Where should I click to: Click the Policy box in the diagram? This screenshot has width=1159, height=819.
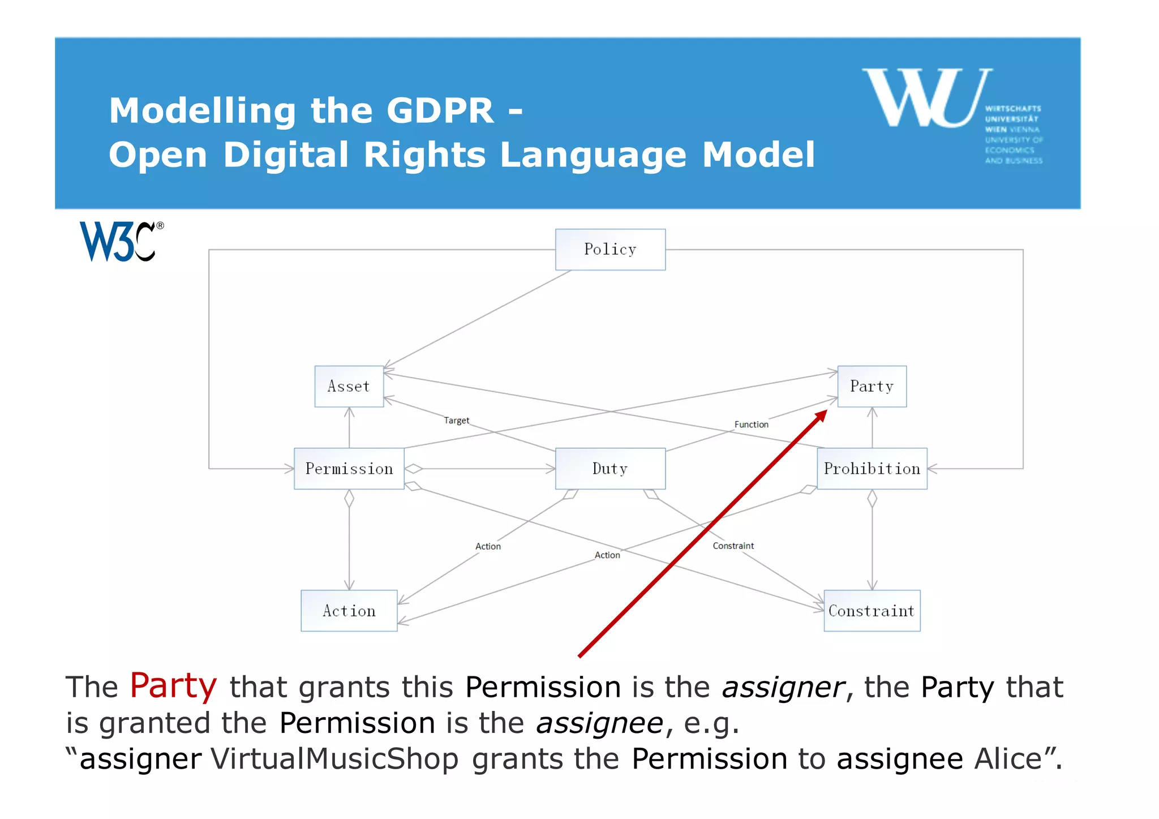pyautogui.click(x=610, y=250)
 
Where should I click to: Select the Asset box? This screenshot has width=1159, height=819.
pyautogui.click(x=349, y=387)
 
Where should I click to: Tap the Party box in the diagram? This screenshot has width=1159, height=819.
pyautogui.click(x=872, y=387)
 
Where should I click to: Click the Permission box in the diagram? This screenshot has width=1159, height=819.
pyautogui.click(x=349, y=469)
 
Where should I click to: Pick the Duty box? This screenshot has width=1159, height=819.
pyautogui.click(x=610, y=469)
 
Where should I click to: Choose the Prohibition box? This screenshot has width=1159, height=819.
pyautogui.click(x=872, y=469)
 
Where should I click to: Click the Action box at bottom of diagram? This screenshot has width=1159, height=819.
pyautogui.click(x=349, y=611)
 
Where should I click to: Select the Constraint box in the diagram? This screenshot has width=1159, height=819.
pyautogui.click(x=872, y=611)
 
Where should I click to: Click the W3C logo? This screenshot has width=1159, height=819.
pyautogui.click(x=121, y=242)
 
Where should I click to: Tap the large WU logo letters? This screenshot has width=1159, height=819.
pyautogui.click(x=926, y=98)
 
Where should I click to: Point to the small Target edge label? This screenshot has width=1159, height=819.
pyautogui.click(x=456, y=421)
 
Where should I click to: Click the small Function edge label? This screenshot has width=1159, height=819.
pyautogui.click(x=751, y=424)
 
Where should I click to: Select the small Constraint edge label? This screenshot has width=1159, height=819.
pyautogui.click(x=733, y=546)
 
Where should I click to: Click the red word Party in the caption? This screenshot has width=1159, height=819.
pyautogui.click(x=173, y=685)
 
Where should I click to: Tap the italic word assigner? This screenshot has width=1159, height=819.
pyautogui.click(x=783, y=688)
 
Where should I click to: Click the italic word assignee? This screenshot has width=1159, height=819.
pyautogui.click(x=599, y=723)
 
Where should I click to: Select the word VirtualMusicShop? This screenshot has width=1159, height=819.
pyautogui.click(x=334, y=759)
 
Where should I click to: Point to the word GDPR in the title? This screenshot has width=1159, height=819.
pyautogui.click(x=440, y=110)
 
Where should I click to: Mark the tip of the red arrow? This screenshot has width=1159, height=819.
pyautogui.click(x=826, y=411)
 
